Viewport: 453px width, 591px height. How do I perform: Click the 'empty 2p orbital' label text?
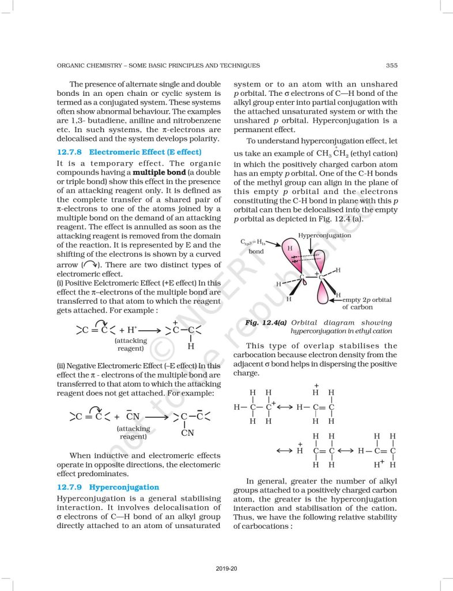[x=367, y=300]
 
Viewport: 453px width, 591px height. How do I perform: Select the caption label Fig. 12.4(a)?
[x=266, y=323]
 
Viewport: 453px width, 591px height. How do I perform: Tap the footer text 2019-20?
[x=226, y=569]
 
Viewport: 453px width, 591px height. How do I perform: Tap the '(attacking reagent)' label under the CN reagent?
[x=133, y=433]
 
